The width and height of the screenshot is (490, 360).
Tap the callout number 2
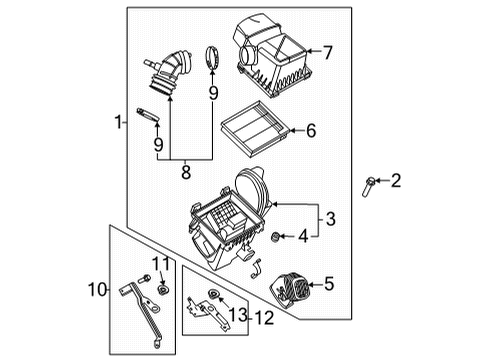tap(396, 181)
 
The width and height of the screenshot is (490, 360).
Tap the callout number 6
tap(311, 130)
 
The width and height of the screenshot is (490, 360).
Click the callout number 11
tap(157, 263)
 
